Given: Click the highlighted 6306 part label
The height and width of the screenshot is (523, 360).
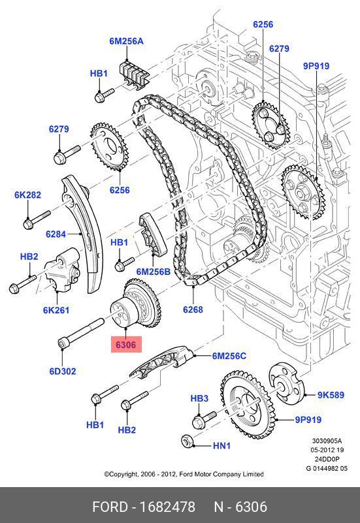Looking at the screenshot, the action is coord(126,345).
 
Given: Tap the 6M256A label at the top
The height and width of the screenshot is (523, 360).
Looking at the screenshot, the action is coord(127,41).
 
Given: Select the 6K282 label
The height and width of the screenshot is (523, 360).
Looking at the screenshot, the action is coord(27,195).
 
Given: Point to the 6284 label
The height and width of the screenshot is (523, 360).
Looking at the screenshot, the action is coord(56,234).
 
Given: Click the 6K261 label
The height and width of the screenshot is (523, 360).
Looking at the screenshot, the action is coord(56,310).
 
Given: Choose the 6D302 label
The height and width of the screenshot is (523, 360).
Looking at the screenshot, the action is coord(63,371).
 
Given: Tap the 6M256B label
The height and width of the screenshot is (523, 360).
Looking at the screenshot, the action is coord(153,272).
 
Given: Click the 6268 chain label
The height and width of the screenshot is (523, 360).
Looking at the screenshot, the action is coord(193,309).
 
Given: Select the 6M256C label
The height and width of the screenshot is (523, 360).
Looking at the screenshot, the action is coord(229,356).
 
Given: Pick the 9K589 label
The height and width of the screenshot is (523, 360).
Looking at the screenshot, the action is coord(331,395).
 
